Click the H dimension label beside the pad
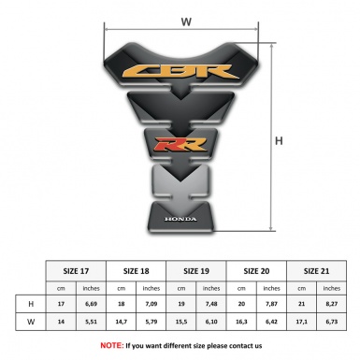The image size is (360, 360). [279, 141]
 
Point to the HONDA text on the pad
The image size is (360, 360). [181, 221]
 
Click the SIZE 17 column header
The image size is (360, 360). [78, 269]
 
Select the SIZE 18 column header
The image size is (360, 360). [137, 269]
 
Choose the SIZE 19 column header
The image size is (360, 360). [197, 269]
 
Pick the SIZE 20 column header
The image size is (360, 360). [257, 269]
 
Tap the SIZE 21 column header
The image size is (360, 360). [317, 269]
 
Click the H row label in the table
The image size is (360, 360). [33, 305]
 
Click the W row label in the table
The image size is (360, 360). [33, 323]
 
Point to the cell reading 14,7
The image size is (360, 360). [122, 323]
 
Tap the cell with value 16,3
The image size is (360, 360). [242, 323]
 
